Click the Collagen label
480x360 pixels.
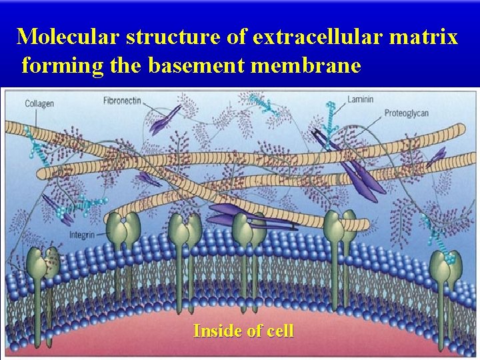coord(39,103)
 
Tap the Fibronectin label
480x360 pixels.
coord(122,101)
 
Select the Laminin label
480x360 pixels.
coord(360,100)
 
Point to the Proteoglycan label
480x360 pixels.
coord(407,113)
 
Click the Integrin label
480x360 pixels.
coord(82,235)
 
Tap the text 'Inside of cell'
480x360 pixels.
coord(243,331)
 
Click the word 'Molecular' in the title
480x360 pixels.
coord(67,37)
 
